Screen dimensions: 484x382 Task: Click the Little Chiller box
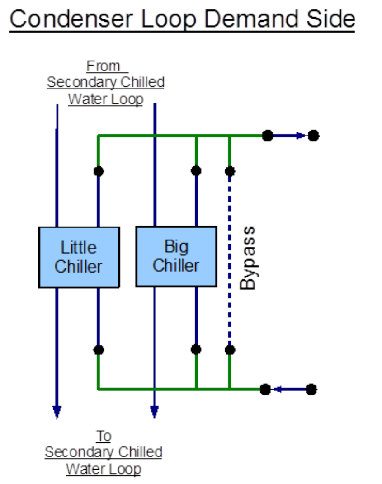click(79, 257)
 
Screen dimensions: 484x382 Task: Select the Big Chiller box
click(176, 256)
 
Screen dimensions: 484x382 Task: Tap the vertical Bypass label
click(247, 258)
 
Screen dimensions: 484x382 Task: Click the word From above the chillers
click(104, 66)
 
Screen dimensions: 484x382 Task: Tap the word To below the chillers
click(104, 436)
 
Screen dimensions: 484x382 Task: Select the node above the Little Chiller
click(99, 171)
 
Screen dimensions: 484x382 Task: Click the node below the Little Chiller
click(99, 349)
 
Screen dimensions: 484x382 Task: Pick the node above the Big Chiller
click(196, 171)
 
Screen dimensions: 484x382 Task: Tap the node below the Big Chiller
click(196, 349)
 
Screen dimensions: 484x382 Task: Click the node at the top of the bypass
click(230, 171)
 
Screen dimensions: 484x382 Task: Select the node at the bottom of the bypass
click(230, 349)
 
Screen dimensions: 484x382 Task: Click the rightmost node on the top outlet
click(313, 135)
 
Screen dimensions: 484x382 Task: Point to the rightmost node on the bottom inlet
click(311, 389)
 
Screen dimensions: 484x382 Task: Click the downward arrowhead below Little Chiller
click(57, 412)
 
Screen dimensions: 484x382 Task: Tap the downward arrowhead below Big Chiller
click(154, 412)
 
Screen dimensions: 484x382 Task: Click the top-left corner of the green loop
click(99, 135)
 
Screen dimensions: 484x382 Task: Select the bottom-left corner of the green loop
click(99, 389)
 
